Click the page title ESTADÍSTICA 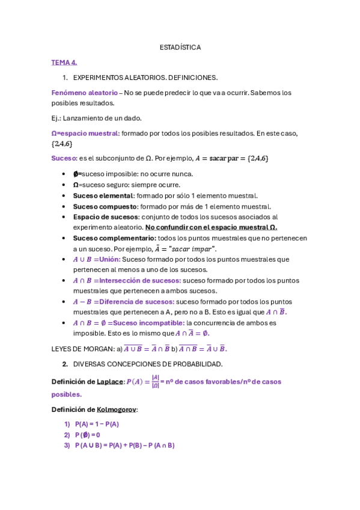180,47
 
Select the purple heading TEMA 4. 64,62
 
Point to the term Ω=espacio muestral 85,133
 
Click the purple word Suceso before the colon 63,158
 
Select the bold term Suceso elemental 103,195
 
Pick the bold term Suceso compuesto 103,206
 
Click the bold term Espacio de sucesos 106,217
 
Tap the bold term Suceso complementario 114,238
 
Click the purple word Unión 109,259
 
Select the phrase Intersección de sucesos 140,280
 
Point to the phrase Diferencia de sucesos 137,301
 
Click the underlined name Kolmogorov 117,410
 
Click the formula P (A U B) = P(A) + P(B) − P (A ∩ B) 124,446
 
